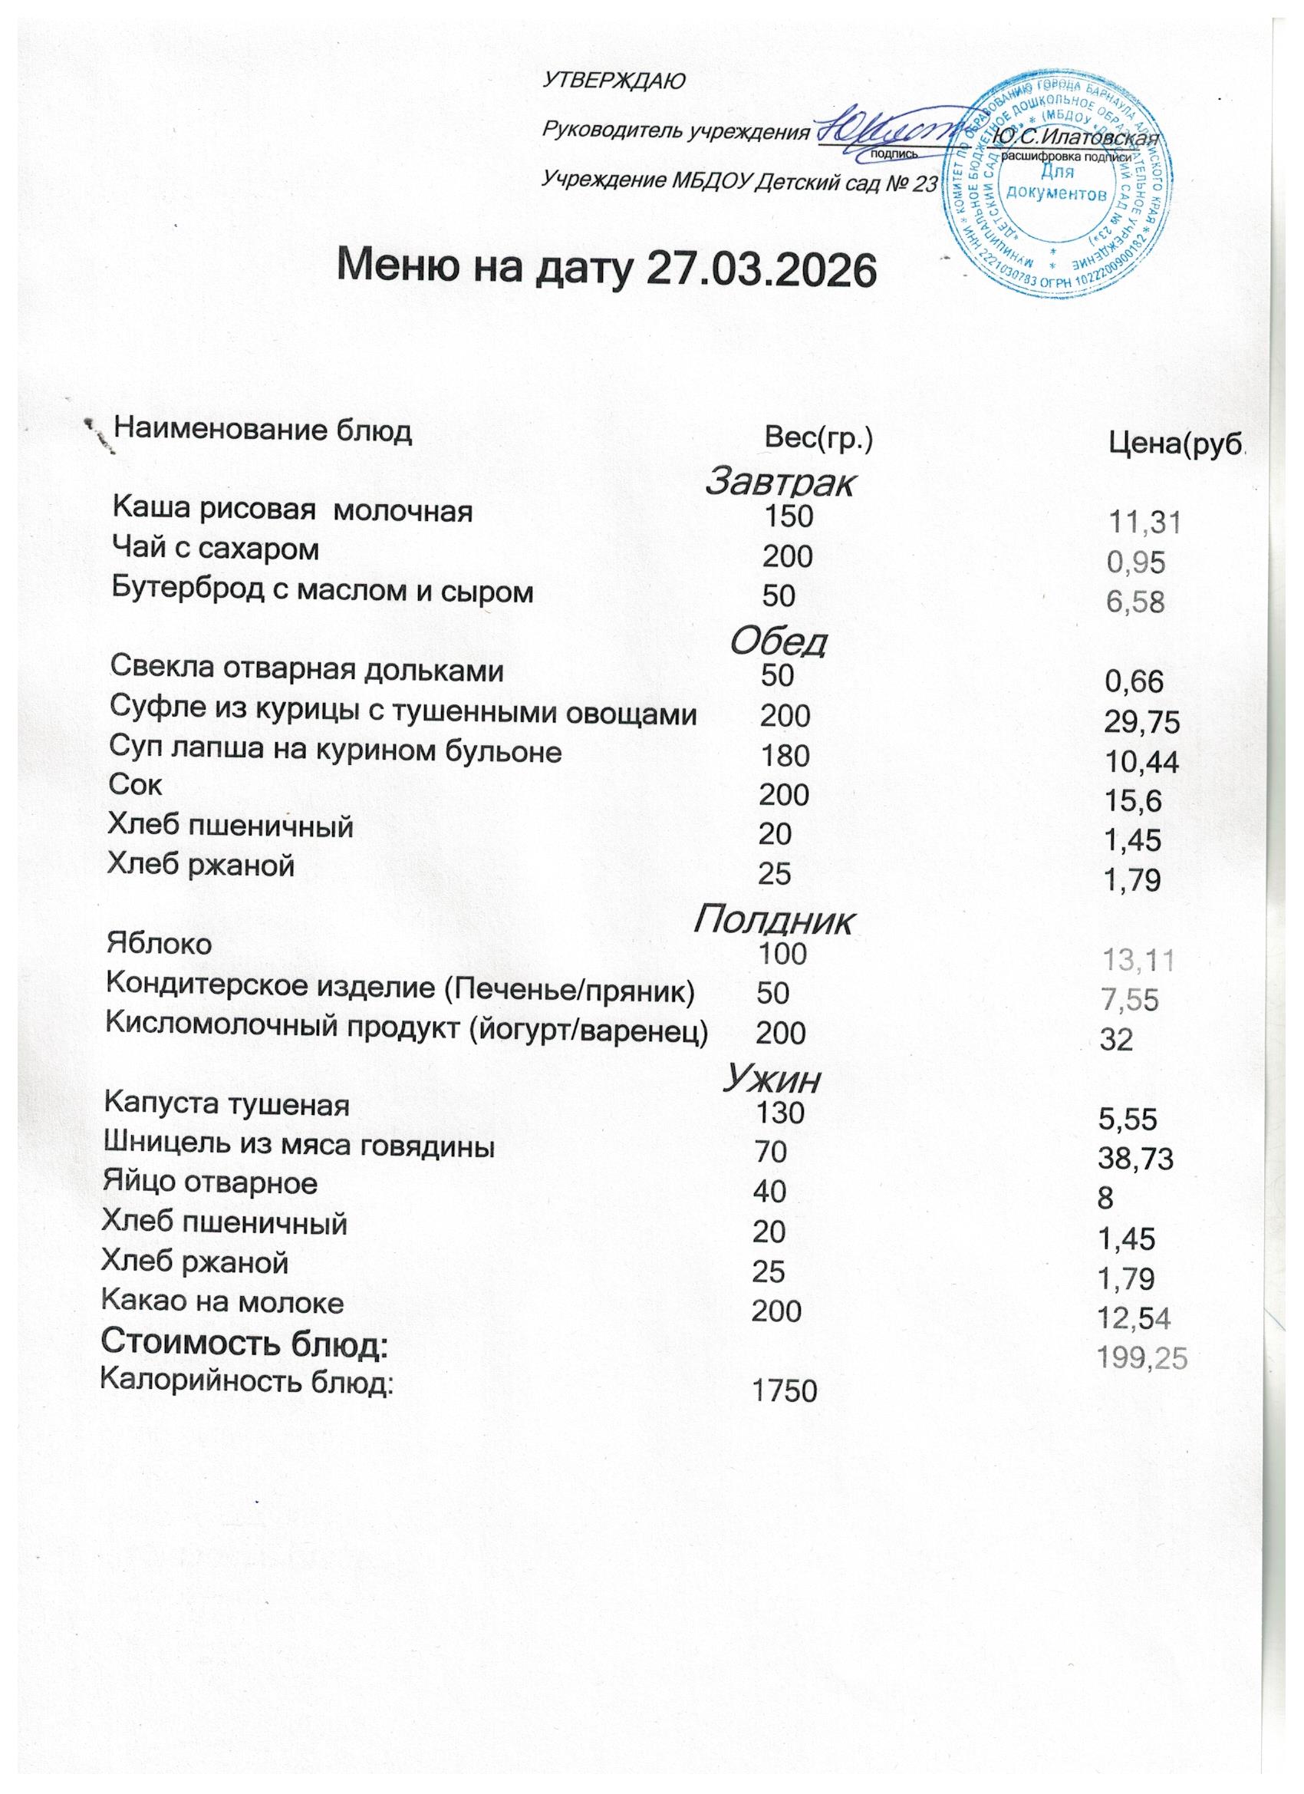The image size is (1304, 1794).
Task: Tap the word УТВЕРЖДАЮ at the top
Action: (x=614, y=81)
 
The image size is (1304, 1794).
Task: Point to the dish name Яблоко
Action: (x=159, y=944)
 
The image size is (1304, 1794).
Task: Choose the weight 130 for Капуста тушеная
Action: (x=781, y=1113)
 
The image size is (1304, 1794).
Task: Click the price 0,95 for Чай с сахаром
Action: (x=1136, y=562)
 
